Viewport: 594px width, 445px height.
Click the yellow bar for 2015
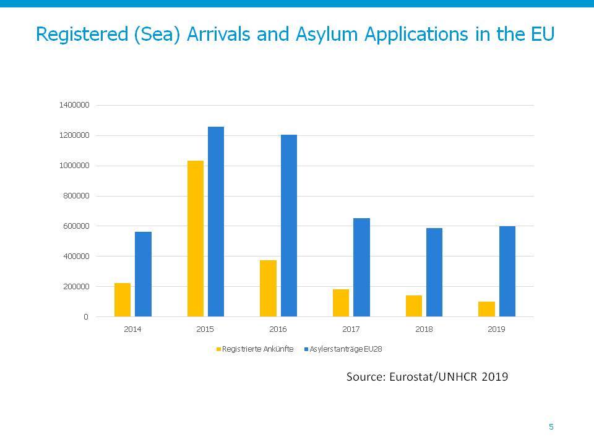(196, 239)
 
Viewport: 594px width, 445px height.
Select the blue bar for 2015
(216, 222)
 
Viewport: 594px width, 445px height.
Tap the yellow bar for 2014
(123, 300)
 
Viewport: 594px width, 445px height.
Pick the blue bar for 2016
(289, 226)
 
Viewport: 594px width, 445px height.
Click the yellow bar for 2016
(268, 289)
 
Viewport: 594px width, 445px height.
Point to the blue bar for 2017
(362, 268)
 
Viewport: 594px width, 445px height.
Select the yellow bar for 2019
(487, 309)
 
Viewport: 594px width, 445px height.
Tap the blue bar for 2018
(434, 273)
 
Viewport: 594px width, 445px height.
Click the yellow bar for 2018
(414, 306)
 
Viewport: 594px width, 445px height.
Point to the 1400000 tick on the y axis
(74, 105)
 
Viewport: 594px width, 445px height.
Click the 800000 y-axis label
(76, 196)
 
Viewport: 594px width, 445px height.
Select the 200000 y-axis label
(76, 287)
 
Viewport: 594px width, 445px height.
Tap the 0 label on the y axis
(86, 317)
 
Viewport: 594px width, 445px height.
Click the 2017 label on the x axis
(351, 329)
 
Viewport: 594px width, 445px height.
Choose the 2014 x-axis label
(132, 329)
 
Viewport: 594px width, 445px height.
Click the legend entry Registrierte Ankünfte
(255, 349)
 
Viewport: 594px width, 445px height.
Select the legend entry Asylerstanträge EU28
(343, 349)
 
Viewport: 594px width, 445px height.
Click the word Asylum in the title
(327, 35)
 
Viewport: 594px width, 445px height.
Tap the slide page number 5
(551, 427)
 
